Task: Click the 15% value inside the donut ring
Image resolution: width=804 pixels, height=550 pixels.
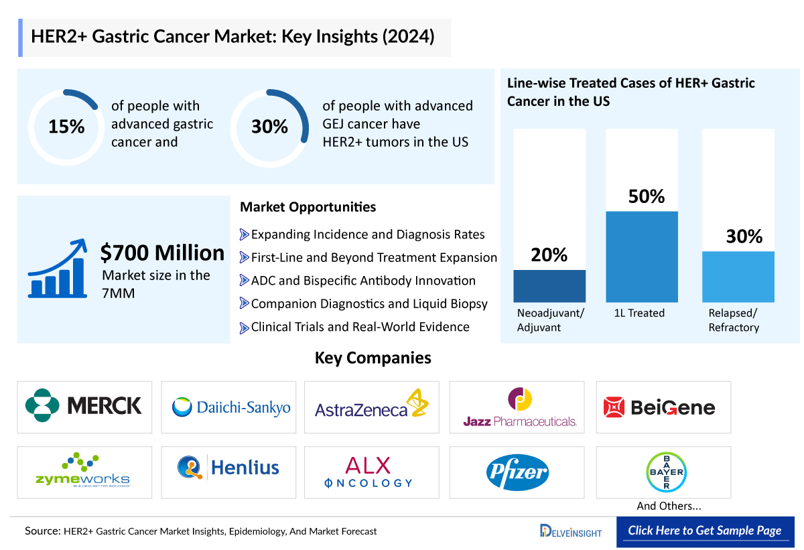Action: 66,127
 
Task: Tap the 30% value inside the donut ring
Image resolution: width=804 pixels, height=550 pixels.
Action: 269,127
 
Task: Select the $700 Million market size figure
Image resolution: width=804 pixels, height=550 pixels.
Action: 162,253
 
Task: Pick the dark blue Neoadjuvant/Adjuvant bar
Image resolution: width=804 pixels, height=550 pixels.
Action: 549,286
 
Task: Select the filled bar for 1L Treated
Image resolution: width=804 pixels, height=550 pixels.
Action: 642,257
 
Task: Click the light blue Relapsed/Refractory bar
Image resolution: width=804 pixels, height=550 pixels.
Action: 738,277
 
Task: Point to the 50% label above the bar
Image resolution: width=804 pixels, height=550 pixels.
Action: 646,196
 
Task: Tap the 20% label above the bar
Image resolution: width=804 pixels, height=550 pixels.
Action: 549,255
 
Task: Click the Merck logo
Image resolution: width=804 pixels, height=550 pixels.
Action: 84,406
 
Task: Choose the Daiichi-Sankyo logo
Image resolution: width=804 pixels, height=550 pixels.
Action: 231,407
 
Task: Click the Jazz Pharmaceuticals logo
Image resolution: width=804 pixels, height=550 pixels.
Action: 520,407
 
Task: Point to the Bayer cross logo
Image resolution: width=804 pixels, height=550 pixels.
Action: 665,472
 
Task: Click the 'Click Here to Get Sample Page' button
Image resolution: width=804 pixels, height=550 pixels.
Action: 705,531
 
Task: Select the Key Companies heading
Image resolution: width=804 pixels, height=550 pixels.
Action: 373,358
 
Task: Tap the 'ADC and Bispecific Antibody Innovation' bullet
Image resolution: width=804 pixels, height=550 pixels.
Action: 362,281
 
